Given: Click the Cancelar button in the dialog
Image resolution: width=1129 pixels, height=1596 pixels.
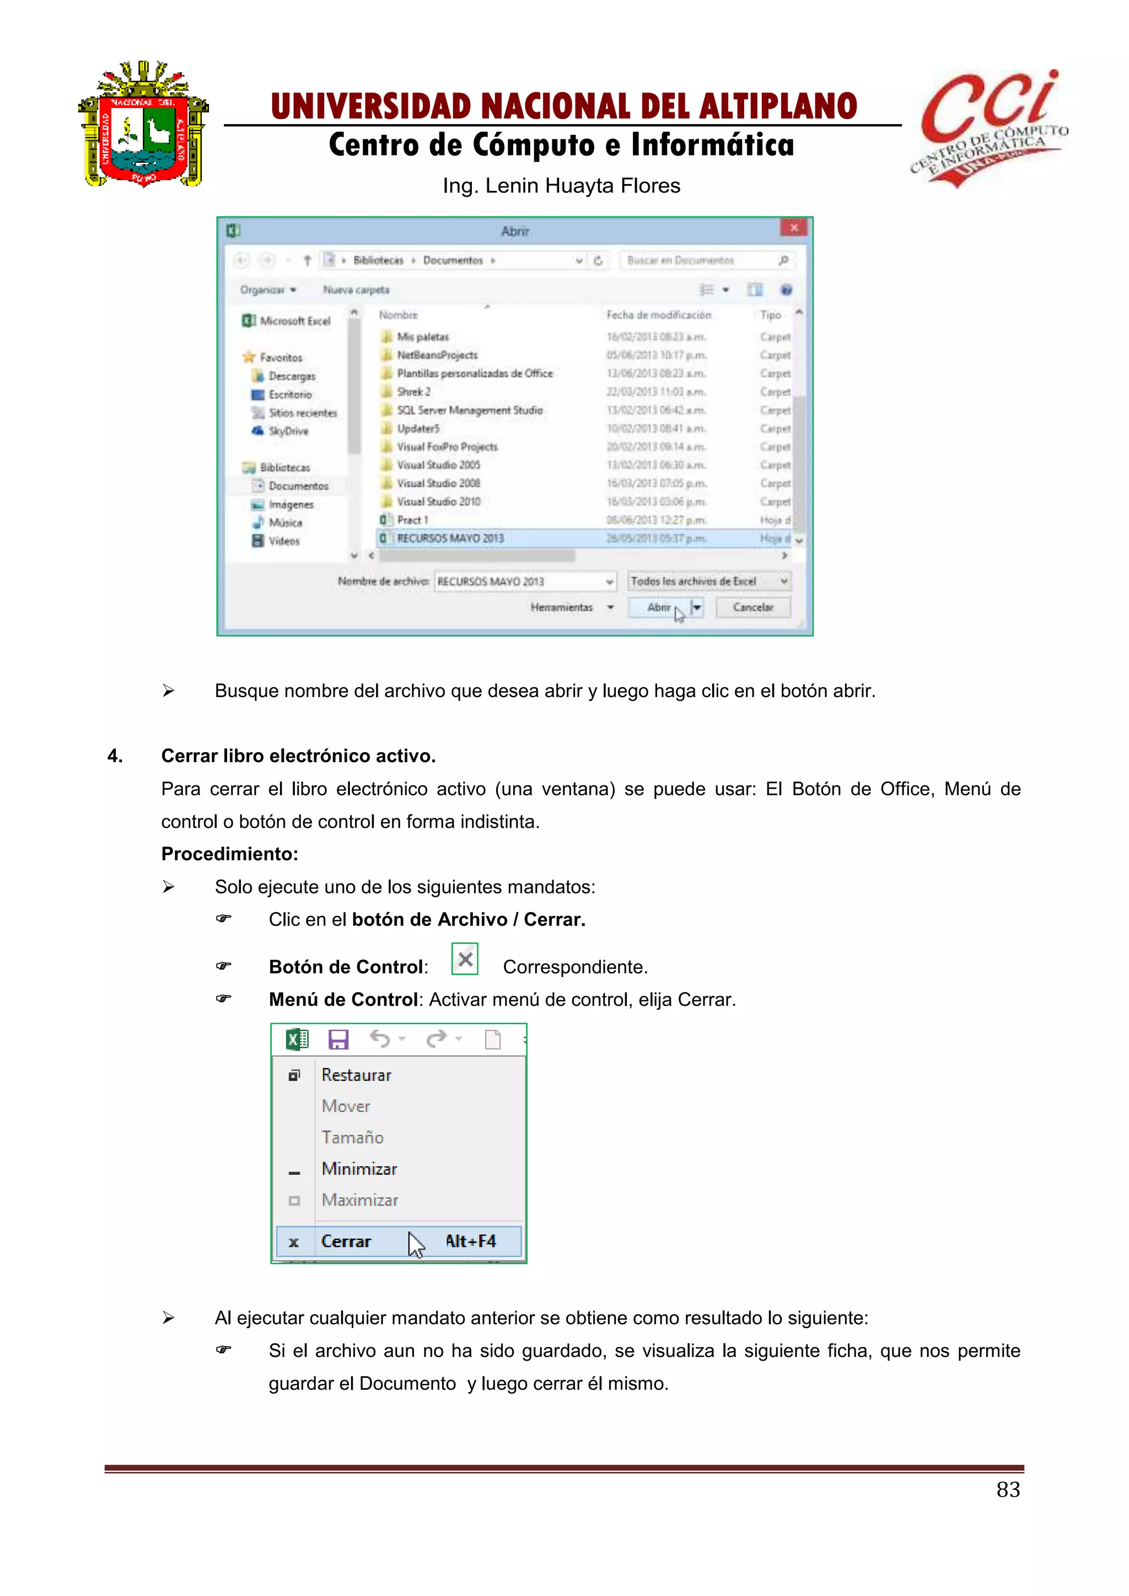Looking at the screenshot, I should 753,607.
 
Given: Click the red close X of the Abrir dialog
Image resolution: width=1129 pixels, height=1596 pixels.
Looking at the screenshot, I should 793,228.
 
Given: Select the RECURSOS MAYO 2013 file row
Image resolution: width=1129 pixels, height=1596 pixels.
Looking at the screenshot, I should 450,538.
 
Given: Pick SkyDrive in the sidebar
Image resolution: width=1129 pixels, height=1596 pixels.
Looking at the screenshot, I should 288,431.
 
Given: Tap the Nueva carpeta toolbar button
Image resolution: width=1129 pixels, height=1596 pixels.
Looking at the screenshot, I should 356,290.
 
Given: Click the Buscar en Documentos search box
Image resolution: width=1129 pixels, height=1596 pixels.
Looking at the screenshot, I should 698,260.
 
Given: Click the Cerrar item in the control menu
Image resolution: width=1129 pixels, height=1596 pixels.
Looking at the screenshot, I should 346,1242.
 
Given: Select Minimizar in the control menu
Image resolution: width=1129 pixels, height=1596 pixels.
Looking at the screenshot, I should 359,1169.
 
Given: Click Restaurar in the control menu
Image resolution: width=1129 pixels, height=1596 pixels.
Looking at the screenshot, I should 356,1075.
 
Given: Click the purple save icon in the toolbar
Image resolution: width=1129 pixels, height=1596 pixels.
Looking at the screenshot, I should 338,1039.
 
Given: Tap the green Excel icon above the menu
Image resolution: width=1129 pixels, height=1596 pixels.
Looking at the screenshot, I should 297,1039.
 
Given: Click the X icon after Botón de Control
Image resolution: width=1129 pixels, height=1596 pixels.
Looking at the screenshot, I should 465,959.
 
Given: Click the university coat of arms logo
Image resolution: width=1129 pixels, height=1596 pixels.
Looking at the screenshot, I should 143,125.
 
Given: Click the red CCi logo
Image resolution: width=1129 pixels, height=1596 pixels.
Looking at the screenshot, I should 987,125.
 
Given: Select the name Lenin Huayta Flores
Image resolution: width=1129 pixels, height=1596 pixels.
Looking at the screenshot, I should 583,186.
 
